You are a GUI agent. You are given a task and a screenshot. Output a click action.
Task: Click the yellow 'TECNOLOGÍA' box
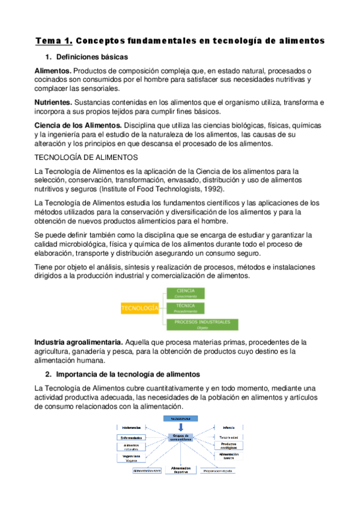139,308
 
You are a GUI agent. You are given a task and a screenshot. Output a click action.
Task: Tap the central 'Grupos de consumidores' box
181,438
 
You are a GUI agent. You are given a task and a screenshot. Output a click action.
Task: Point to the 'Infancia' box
229,428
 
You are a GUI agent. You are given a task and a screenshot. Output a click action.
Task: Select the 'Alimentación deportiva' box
181,470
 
